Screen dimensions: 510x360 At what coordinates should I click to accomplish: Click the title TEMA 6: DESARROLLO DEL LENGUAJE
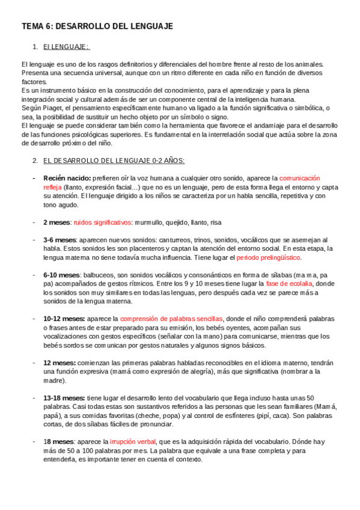97,26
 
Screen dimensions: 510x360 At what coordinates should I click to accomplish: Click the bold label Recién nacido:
67,179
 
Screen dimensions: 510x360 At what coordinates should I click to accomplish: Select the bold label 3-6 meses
59,240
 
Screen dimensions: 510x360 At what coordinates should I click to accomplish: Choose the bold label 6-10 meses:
61,275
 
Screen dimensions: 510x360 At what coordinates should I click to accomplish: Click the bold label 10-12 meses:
64,319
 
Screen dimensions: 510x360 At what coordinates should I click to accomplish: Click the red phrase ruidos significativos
102,222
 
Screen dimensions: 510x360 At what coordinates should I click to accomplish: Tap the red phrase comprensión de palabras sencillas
171,319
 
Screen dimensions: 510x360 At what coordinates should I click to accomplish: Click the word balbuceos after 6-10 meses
95,275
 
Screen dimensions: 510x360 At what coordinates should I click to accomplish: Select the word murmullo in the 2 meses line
148,222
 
